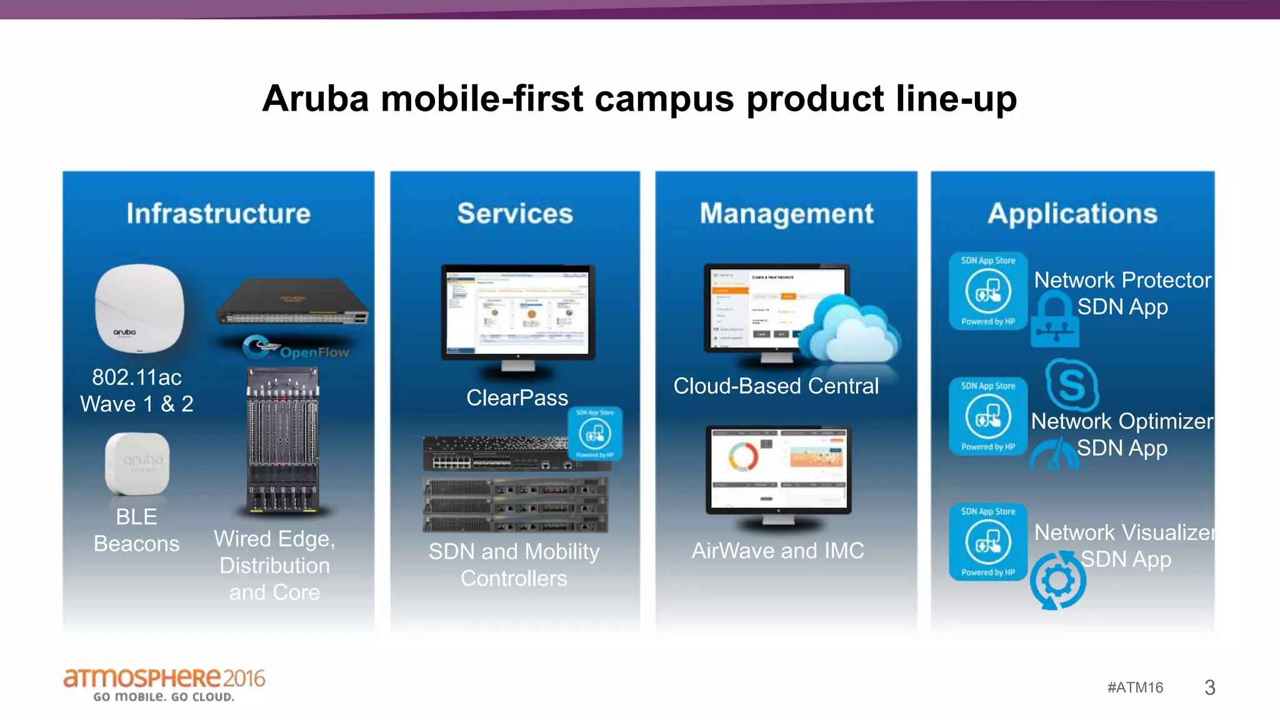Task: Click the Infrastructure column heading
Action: coord(218,214)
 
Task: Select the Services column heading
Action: coord(515,214)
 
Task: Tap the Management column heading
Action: coord(786,214)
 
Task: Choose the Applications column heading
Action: coord(1072,214)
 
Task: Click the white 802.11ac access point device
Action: coord(139,308)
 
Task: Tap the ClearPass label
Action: coord(517,397)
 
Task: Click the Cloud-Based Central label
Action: coord(776,386)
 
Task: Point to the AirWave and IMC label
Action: coord(777,551)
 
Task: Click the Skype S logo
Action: coord(1071,383)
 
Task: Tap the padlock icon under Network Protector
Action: coord(1055,321)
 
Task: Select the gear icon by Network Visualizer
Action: coord(1057,580)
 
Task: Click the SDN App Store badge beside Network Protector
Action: coord(987,291)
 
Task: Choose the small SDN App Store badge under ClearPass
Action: coord(594,433)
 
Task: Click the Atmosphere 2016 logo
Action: coord(164,684)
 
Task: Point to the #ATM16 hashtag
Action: coord(1135,687)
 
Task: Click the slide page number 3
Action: coord(1209,687)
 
